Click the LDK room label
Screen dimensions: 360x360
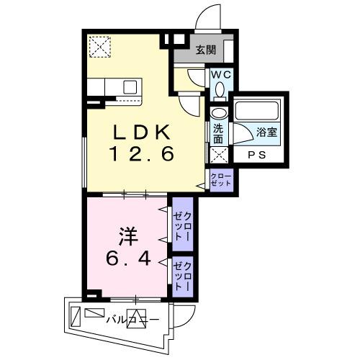tap(141, 132)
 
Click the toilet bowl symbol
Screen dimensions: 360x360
tap(220, 89)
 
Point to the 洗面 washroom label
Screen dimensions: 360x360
tap(218, 135)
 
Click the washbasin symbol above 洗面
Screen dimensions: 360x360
tap(218, 114)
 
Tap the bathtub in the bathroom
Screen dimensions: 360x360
tap(258, 111)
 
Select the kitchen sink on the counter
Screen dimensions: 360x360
tap(130, 86)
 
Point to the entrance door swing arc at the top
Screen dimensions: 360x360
tap(212, 16)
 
